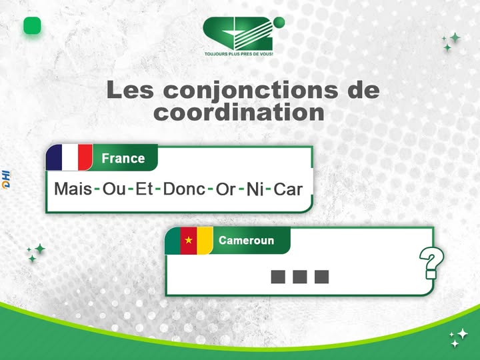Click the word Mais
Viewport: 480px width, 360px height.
coord(73,189)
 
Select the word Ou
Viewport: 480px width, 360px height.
coord(114,189)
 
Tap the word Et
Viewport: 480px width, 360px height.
coord(145,189)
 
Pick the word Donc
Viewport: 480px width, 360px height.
coord(184,189)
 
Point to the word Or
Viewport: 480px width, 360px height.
coord(226,189)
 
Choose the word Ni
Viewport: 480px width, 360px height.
coord(255,190)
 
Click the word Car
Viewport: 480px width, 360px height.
coord(289,189)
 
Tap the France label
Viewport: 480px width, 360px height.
coord(123,159)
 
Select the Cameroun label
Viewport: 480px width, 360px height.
coord(247,240)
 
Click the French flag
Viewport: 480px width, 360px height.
coord(69,158)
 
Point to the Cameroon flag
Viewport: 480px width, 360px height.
coord(189,240)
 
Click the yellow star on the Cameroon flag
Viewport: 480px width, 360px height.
coord(189,240)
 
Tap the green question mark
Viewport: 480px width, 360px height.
coord(431,264)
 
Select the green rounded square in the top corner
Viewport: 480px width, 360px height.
coord(32,26)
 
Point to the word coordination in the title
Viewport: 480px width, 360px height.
coord(239,111)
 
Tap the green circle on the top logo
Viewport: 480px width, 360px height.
coord(279,23)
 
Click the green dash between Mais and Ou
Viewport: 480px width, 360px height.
coord(97,189)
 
